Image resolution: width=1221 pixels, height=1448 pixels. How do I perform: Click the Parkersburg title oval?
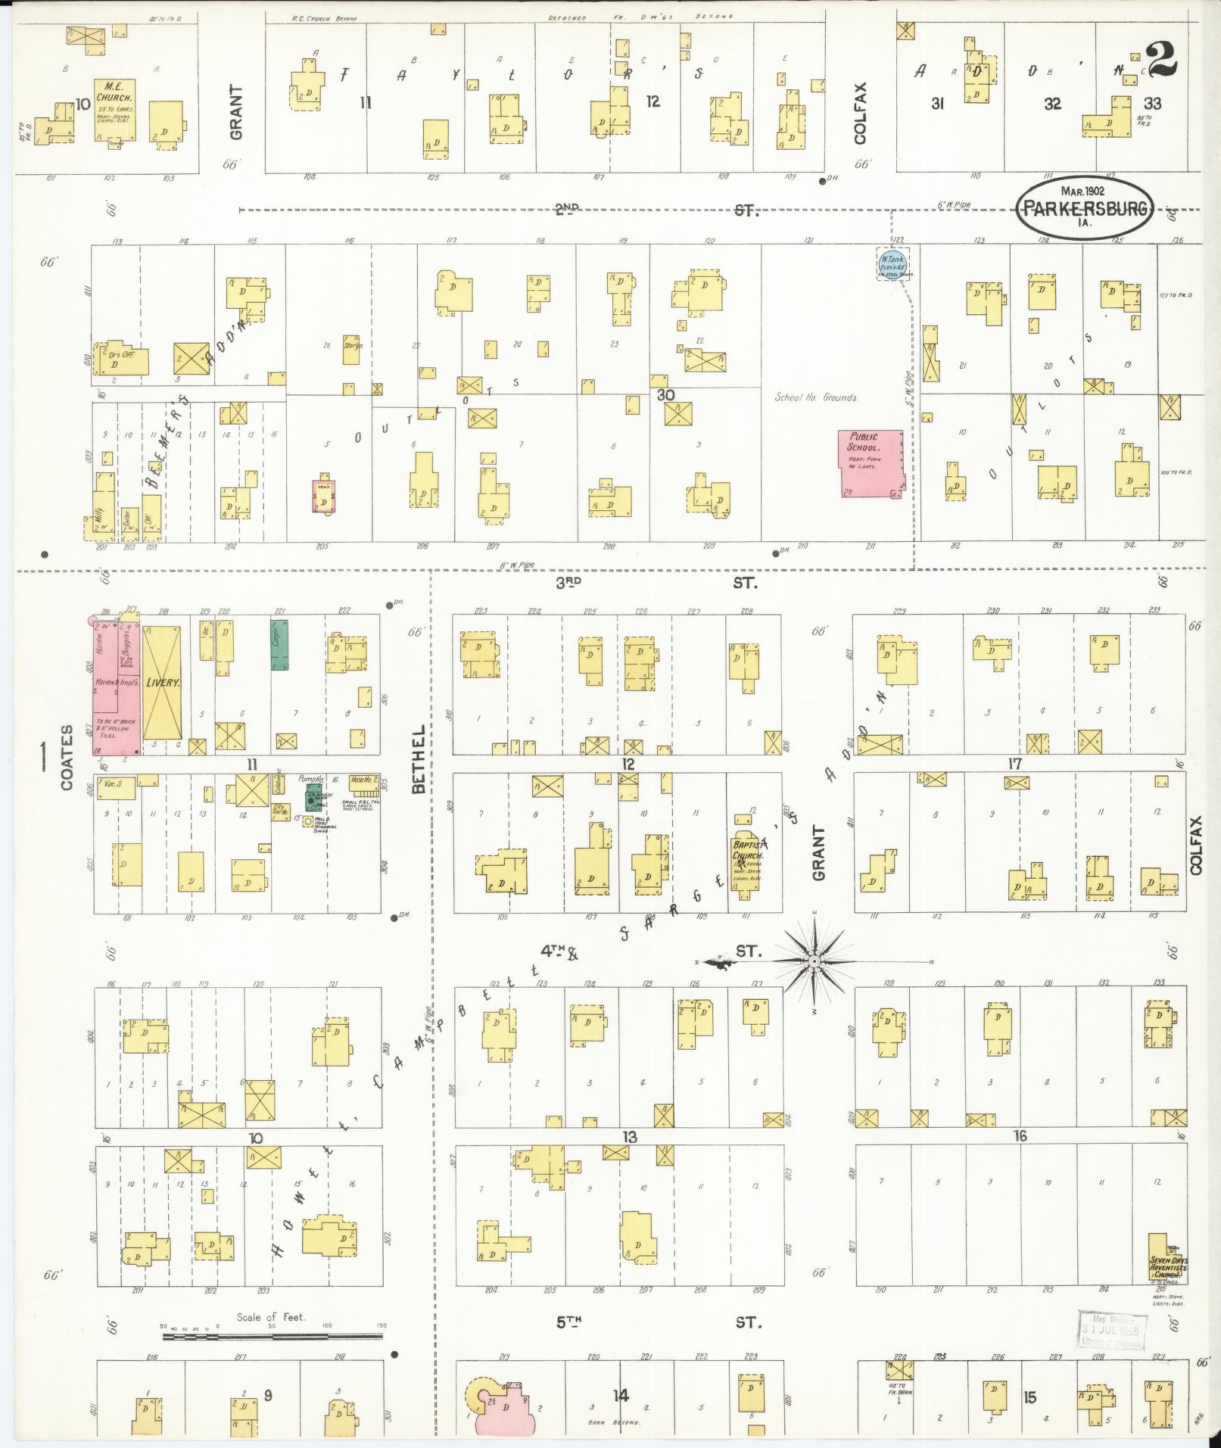(1085, 207)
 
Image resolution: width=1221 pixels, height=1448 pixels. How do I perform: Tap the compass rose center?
(815, 962)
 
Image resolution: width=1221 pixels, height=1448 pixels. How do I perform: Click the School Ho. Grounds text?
(815, 397)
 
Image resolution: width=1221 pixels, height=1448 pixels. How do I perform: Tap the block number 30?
(665, 395)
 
